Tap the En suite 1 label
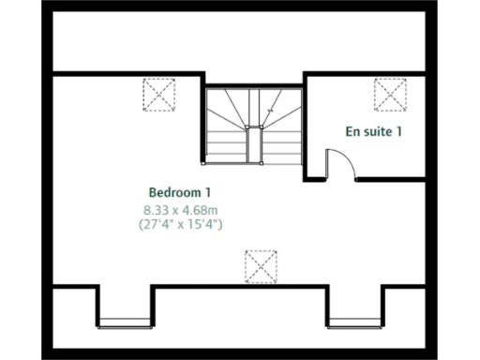[374, 131]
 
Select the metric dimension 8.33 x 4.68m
[180, 209]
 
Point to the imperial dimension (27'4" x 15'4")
[180, 225]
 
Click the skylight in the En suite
[390, 95]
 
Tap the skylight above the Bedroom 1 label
[159, 95]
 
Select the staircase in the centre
[252, 126]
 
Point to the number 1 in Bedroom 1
[207, 192]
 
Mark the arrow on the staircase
[270, 112]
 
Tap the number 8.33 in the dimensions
[156, 209]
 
